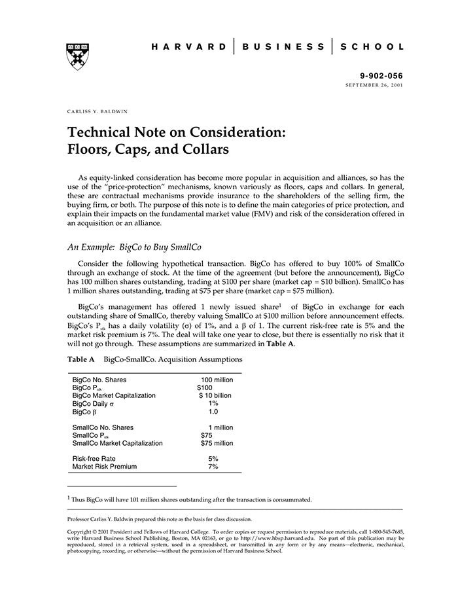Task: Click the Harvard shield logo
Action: pyautogui.click(x=78, y=57)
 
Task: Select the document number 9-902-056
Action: pyautogui.click(x=382, y=77)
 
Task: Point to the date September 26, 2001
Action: pyautogui.click(x=374, y=86)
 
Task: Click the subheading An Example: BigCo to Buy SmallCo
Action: pyautogui.click(x=135, y=247)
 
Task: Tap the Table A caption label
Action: pyautogui.click(x=81, y=359)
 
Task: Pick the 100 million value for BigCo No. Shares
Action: pyautogui.click(x=217, y=380)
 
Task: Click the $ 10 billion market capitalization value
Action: pyautogui.click(x=215, y=395)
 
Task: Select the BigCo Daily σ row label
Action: pyautogui.click(x=94, y=404)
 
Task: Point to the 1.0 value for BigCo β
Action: pyautogui.click(x=213, y=412)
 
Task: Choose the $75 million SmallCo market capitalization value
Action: pyautogui.click(x=217, y=443)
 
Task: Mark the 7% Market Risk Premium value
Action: pyautogui.click(x=213, y=467)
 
